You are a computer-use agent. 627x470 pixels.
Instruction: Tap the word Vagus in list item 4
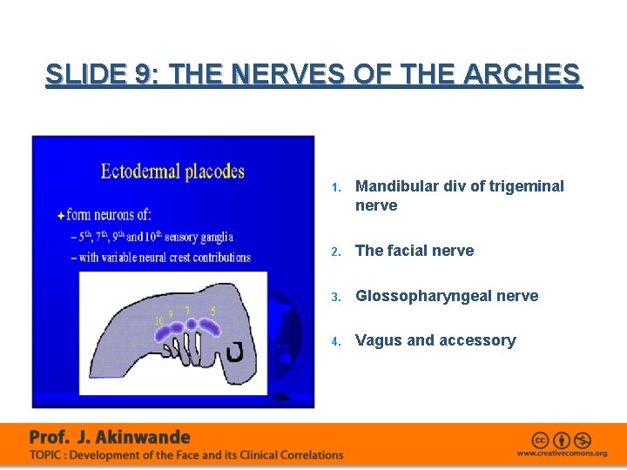377,340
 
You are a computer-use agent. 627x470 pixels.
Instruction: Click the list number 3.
336,297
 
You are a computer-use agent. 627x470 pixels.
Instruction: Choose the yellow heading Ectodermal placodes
172,171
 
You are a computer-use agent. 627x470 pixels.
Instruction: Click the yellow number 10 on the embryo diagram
159,320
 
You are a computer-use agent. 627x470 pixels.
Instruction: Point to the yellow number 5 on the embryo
213,310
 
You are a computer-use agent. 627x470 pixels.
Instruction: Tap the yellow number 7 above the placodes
188,309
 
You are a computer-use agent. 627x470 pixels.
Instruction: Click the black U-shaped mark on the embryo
234,352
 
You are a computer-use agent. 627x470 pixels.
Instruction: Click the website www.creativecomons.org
562,453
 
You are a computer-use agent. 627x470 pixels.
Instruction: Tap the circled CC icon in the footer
540,440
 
